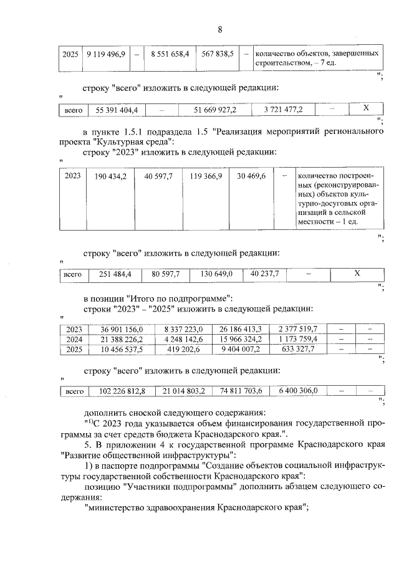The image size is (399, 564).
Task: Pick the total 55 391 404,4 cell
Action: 117,110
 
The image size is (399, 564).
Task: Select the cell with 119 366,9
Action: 206,176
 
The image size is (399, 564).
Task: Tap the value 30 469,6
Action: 251,176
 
